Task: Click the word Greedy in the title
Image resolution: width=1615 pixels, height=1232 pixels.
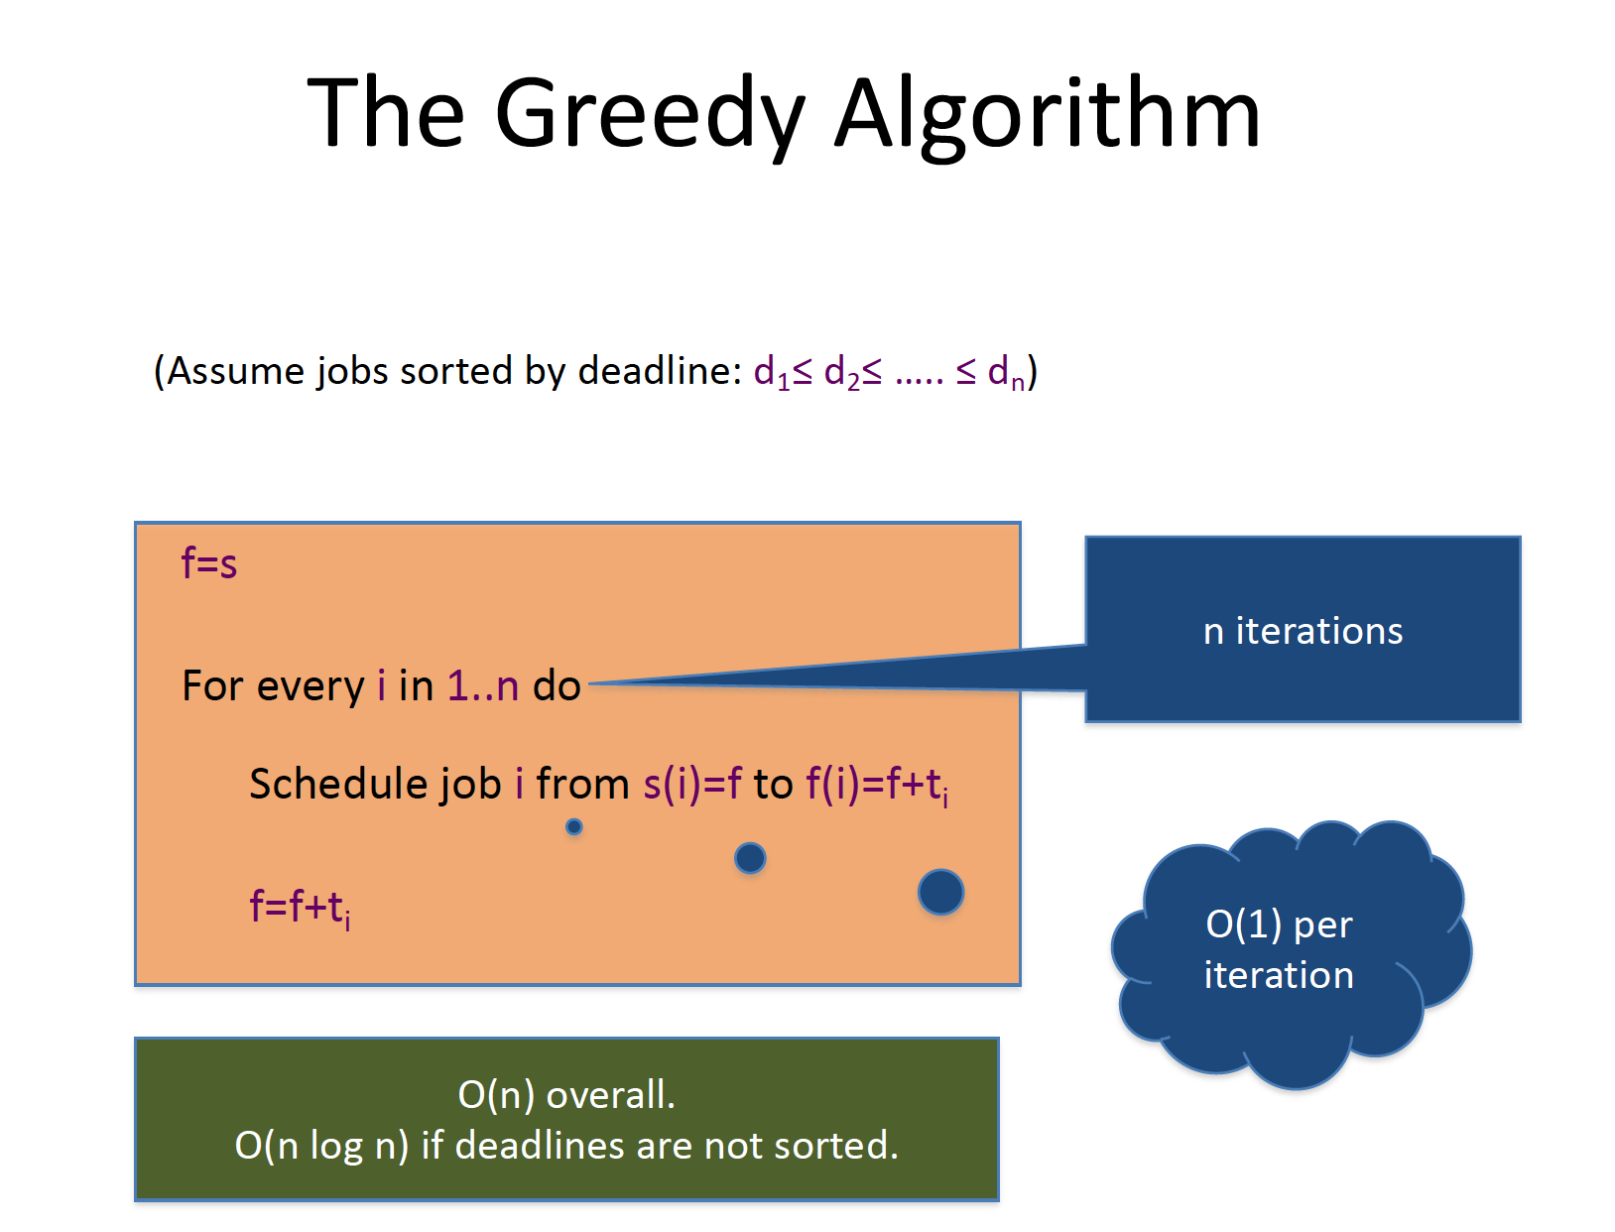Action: tap(650, 116)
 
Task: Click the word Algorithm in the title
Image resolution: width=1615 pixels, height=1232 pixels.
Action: tap(1048, 116)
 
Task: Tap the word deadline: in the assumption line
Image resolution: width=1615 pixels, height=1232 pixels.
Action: tap(660, 370)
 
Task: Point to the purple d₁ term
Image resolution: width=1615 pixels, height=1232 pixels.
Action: tap(772, 373)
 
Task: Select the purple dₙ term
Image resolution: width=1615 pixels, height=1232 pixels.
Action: tap(1006, 373)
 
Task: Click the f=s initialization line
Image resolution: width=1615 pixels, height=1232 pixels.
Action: tap(209, 564)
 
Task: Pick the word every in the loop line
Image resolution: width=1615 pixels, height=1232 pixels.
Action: tap(311, 687)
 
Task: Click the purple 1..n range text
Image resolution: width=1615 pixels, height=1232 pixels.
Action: tap(483, 686)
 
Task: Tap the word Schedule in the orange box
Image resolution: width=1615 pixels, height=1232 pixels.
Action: tap(338, 784)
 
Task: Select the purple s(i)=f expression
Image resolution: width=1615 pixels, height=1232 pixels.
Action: tap(692, 785)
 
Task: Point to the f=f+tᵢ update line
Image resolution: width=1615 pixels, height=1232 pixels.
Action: tap(301, 909)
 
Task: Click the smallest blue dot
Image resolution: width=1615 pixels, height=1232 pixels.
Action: tap(574, 826)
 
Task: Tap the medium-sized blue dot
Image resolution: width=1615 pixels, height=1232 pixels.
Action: tap(750, 858)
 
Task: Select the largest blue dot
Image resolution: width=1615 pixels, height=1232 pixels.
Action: tap(940, 892)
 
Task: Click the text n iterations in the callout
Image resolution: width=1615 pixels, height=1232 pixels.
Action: tap(1304, 631)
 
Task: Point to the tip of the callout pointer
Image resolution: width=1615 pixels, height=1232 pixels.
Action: tap(589, 683)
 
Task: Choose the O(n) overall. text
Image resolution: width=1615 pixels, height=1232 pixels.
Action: tap(566, 1094)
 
